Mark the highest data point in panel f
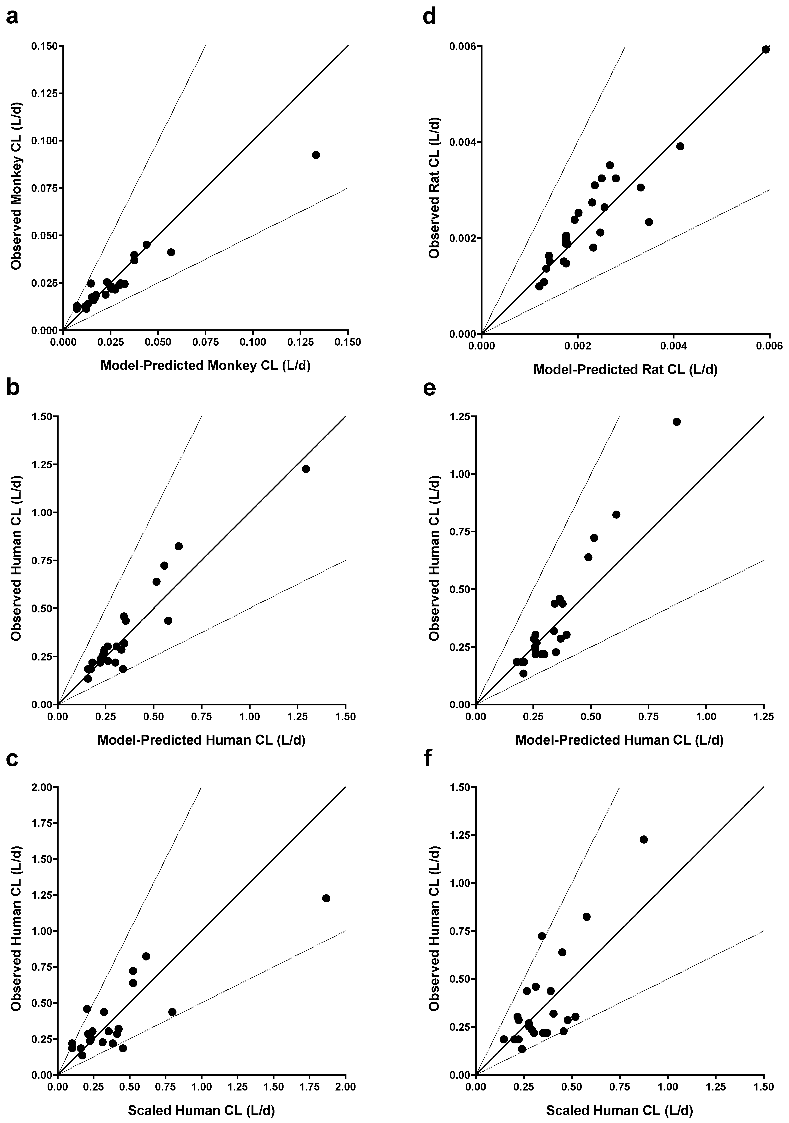pos(644,839)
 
